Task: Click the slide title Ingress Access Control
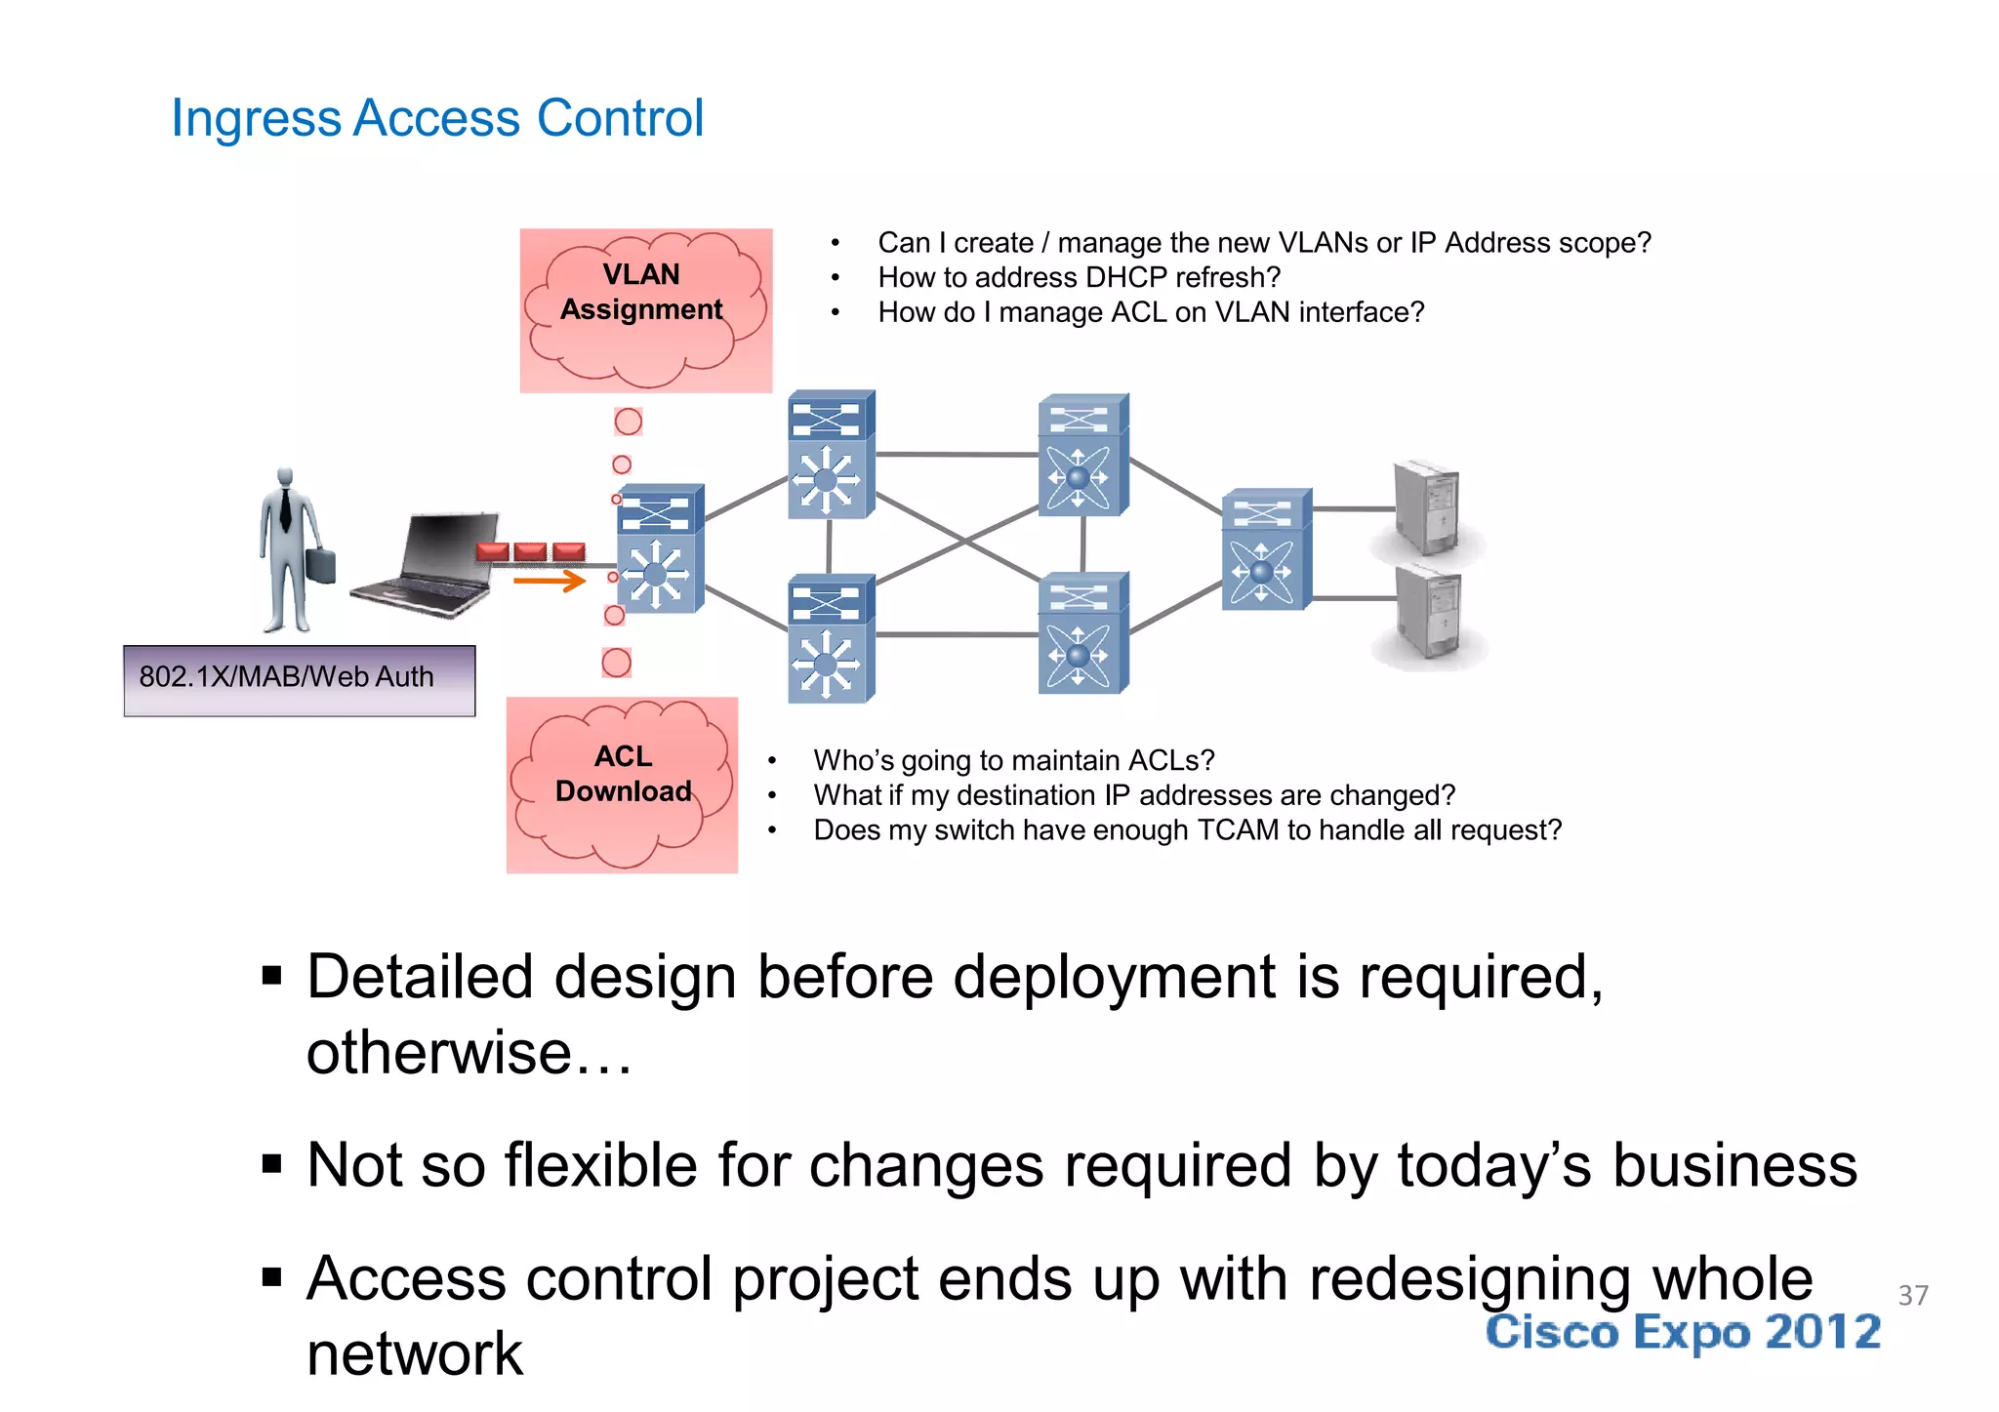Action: (436, 118)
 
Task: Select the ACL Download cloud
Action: (622, 784)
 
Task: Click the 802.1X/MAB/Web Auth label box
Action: (299, 680)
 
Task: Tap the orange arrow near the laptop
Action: (549, 582)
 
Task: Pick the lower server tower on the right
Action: (1429, 613)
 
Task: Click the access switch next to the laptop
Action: (659, 549)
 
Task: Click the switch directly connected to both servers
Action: (1265, 549)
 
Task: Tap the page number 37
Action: (1912, 1295)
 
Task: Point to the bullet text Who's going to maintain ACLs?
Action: (1013, 761)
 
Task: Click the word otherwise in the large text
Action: (439, 1054)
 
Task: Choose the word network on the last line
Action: (415, 1355)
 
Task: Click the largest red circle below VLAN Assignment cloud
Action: (628, 422)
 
